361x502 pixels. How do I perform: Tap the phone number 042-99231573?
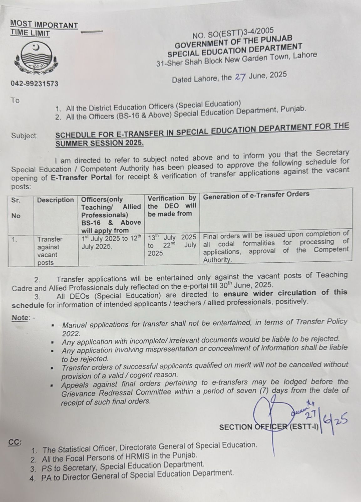click(34, 83)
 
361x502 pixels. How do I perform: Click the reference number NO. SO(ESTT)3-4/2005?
click(233, 32)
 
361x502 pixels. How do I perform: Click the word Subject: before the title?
click(25, 136)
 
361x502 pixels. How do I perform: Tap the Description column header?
click(55, 200)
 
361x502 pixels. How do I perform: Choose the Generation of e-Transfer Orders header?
click(256, 194)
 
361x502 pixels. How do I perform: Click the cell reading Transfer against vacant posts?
click(50, 251)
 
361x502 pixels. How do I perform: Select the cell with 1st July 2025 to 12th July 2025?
click(111, 243)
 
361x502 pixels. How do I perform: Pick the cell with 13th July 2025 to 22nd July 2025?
click(172, 245)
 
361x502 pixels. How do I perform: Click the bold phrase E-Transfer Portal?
click(81, 177)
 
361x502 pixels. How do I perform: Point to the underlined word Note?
click(20, 318)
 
